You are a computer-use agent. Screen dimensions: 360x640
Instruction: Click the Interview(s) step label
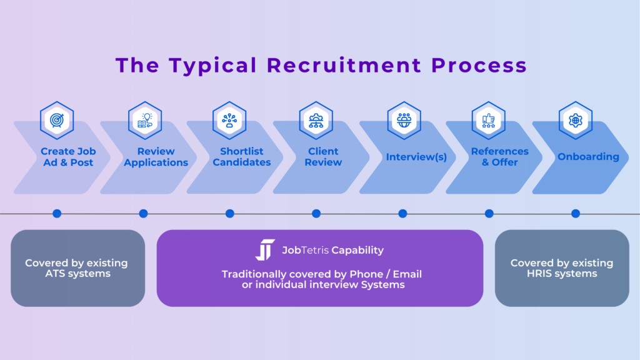coord(416,157)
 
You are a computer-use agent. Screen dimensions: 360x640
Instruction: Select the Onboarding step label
coord(589,157)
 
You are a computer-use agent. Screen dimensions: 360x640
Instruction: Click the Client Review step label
coord(324,157)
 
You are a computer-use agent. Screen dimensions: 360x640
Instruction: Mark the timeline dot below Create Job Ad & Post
coord(57,214)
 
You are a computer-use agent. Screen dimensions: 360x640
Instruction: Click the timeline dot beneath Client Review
coord(316,214)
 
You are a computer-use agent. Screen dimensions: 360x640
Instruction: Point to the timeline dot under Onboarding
coord(576,214)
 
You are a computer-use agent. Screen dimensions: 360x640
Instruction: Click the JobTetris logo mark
coord(265,250)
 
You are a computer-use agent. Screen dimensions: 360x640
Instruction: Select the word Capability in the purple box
coord(357,251)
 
